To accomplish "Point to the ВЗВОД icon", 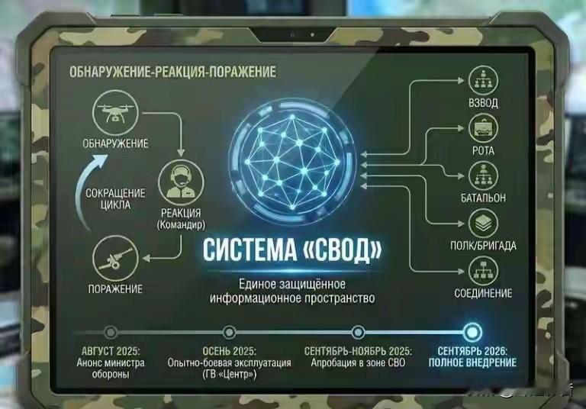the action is [483, 79].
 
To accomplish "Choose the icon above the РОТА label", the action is [483, 126].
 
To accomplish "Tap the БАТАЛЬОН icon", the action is [483, 176].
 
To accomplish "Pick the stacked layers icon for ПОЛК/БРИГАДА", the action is [483, 224].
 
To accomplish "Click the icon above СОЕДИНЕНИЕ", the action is [483, 271].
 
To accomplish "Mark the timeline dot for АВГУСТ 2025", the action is [111, 332].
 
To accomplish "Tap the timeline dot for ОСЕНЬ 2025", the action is [229, 332].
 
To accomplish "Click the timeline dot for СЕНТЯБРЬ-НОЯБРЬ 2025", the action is [358, 332].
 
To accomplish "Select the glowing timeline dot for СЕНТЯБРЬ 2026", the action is [472, 332].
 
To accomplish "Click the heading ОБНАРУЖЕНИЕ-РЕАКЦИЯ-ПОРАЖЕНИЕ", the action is [172, 72].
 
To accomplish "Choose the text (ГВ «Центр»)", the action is [229, 374].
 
